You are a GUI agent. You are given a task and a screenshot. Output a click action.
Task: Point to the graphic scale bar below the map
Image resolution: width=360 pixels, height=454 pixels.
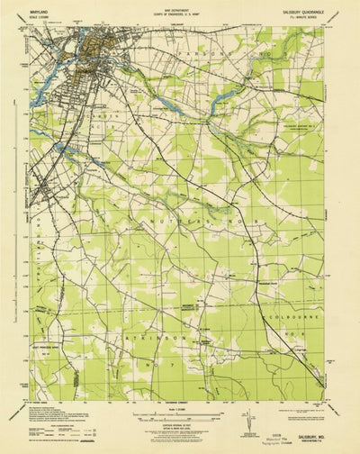point(180,404)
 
